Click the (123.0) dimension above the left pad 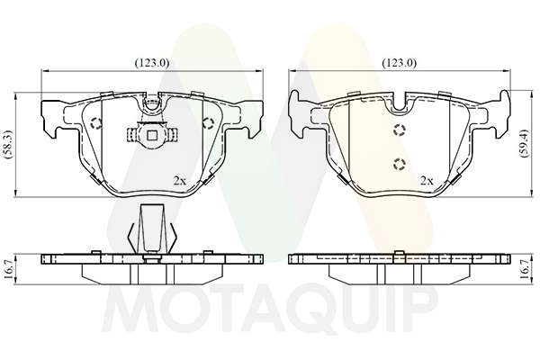[152, 63]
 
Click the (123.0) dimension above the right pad [399, 63]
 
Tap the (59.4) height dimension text [524, 144]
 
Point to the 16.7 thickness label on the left [9, 269]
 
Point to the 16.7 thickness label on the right [524, 269]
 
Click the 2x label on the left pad [179, 181]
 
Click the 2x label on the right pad [427, 181]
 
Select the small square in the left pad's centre [152, 135]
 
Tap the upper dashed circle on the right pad [399, 130]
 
